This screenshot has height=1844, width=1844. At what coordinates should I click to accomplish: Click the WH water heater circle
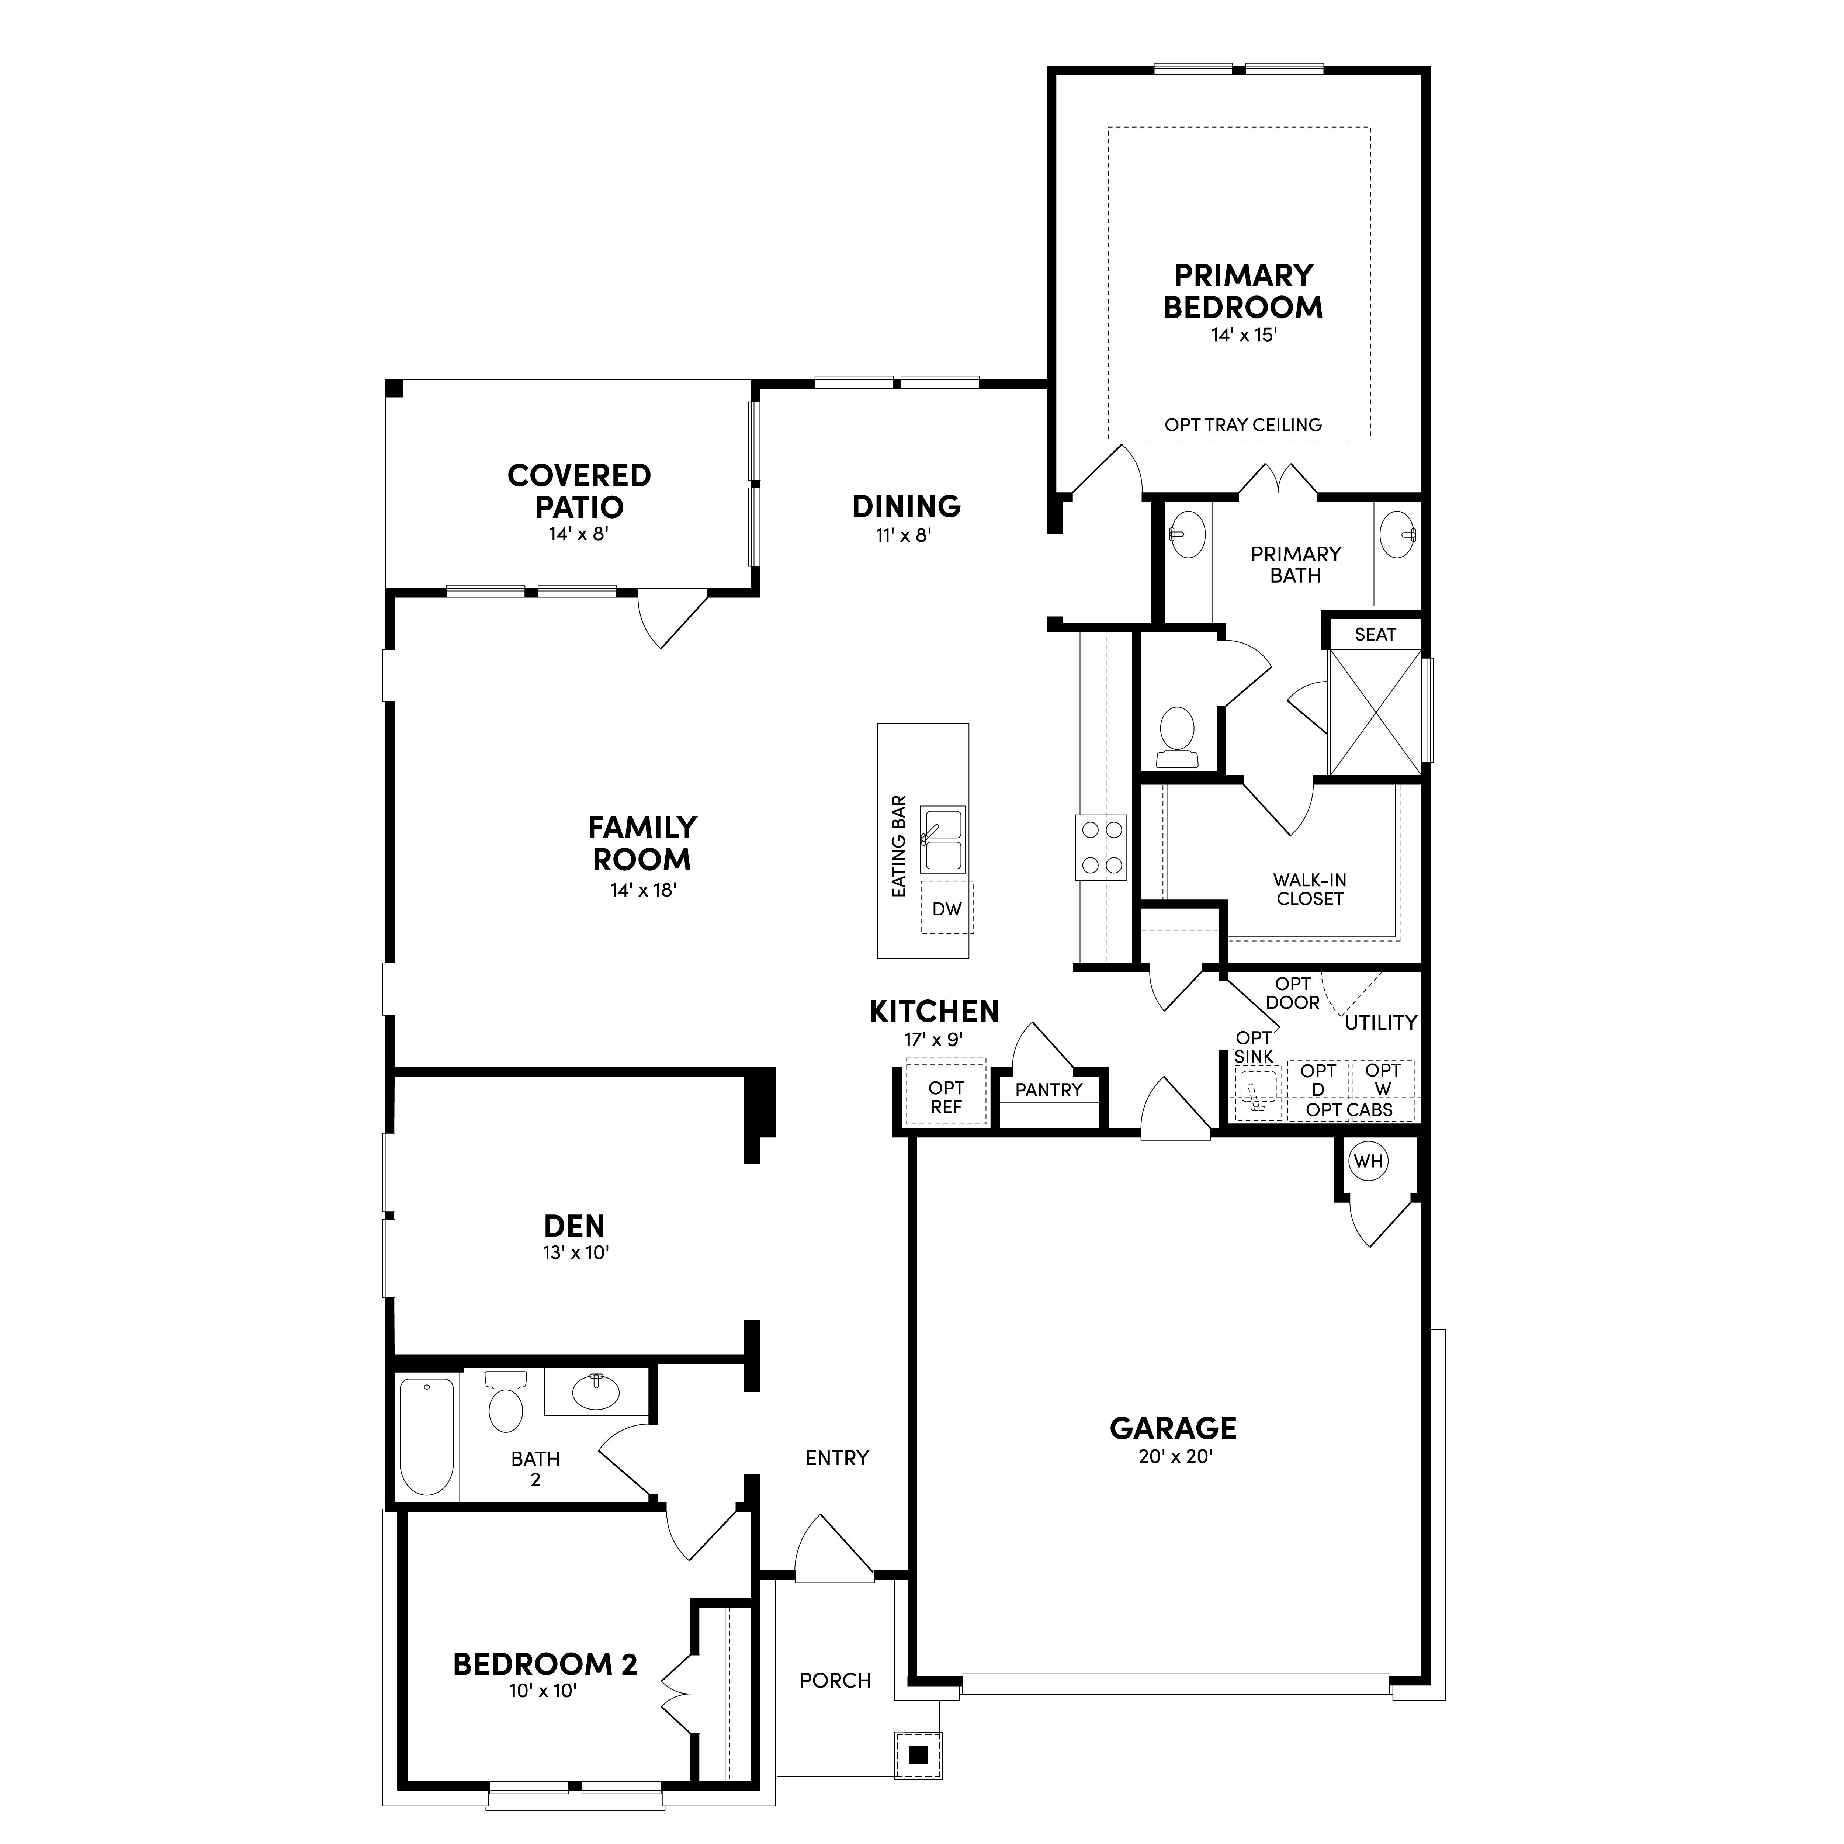pyautogui.click(x=1369, y=1162)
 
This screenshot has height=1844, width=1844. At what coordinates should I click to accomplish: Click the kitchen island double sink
pyautogui.click(x=942, y=839)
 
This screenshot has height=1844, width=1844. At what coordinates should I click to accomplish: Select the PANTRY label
pyautogui.click(x=1049, y=1090)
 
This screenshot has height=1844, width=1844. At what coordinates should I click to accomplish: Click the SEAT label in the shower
pyautogui.click(x=1375, y=635)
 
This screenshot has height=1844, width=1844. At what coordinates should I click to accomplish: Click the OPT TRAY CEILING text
pyautogui.click(x=1243, y=425)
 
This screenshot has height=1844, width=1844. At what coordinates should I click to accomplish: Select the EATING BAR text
pyautogui.click(x=898, y=847)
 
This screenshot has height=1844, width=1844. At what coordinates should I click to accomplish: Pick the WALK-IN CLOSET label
pyautogui.click(x=1310, y=890)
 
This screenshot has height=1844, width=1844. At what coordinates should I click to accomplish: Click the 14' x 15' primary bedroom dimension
pyautogui.click(x=1244, y=335)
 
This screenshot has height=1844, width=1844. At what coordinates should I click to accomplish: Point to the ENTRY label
pyautogui.click(x=837, y=1458)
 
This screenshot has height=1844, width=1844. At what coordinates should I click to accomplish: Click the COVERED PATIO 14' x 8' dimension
pyautogui.click(x=578, y=534)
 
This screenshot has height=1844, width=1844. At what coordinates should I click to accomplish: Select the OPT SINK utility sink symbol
pyautogui.click(x=1258, y=1092)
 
